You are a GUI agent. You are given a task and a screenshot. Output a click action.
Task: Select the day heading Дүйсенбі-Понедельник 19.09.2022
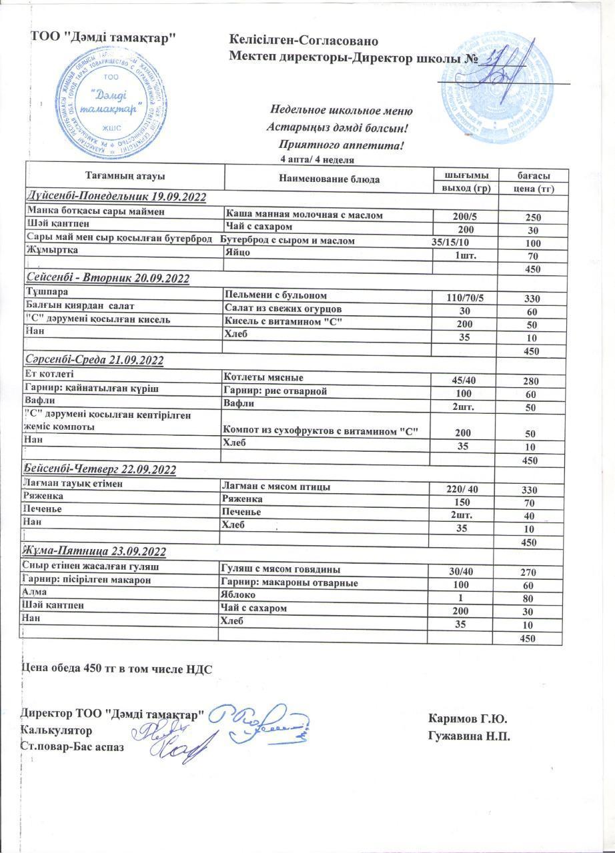point(115,197)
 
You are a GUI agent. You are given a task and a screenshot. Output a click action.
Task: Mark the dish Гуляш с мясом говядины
point(281,570)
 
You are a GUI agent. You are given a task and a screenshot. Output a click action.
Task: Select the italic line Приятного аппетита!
point(341,144)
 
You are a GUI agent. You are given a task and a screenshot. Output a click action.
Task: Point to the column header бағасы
point(534,175)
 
